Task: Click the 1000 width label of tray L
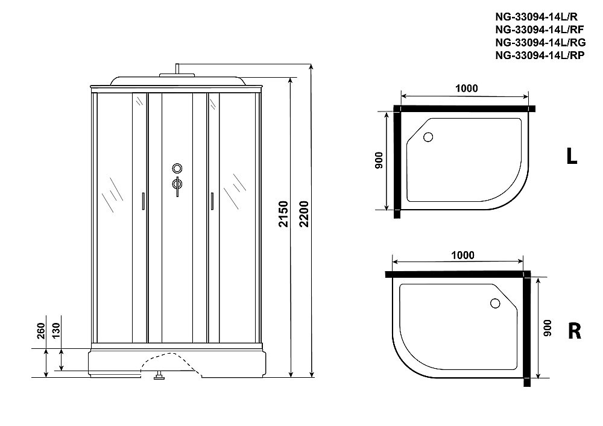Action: coord(466,88)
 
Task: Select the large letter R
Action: coord(573,331)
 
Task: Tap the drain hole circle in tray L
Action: coord(429,137)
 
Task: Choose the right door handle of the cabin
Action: coord(212,201)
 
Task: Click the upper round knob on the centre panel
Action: coord(177,168)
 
